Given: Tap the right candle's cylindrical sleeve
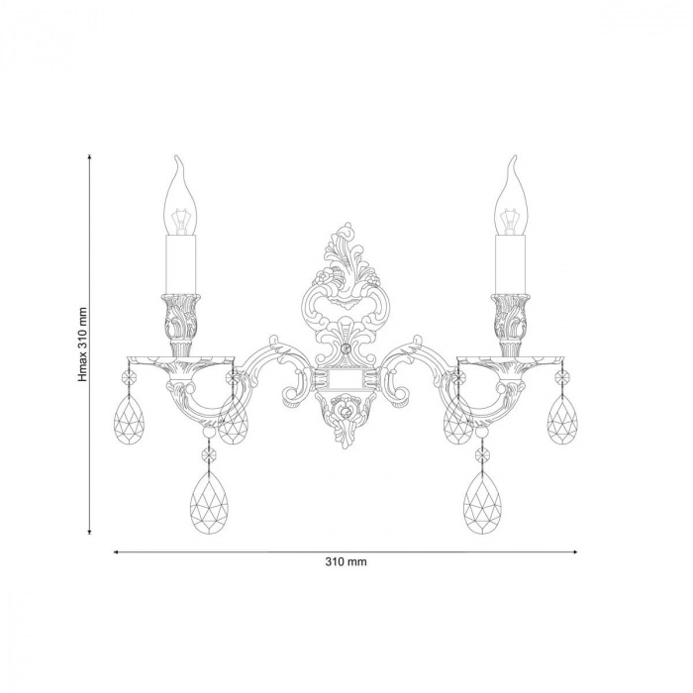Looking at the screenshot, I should tap(512, 263).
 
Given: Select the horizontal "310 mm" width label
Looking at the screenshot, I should tap(346, 561).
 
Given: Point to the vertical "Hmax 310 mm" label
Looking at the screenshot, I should tap(85, 343).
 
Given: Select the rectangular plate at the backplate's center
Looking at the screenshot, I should tap(346, 377).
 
